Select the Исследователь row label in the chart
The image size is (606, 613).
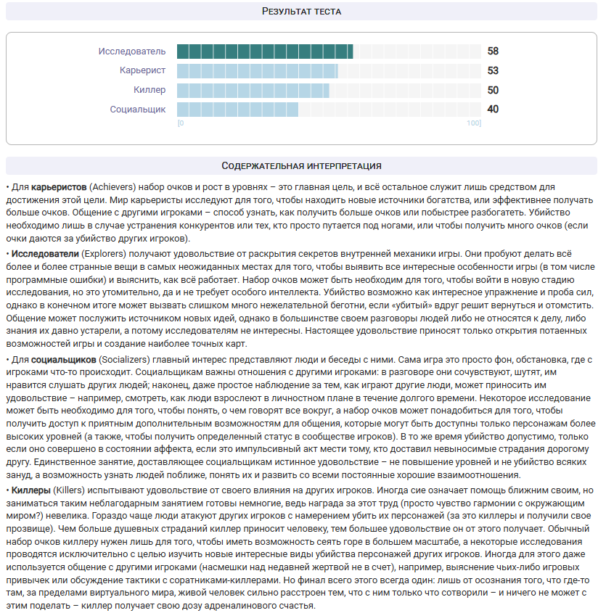tap(132, 52)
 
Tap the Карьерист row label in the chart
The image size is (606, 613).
tap(142, 70)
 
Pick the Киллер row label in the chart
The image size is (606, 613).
tap(150, 90)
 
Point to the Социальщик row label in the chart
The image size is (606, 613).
tap(138, 109)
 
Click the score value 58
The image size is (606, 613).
tap(493, 52)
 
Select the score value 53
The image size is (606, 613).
tap(493, 70)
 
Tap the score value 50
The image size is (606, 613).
tap(493, 90)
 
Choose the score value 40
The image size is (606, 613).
tap(493, 109)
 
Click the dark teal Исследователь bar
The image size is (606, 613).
tap(265, 52)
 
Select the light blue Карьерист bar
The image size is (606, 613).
tap(257, 70)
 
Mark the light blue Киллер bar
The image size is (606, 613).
tap(253, 90)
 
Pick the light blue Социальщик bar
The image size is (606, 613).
tap(237, 109)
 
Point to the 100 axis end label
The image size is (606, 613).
tap(474, 123)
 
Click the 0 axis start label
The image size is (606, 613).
tap(181, 123)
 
